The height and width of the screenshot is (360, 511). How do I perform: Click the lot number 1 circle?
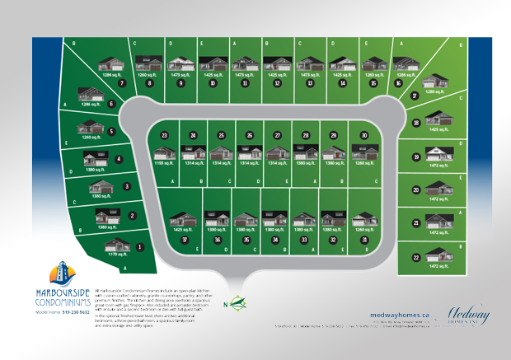pyautogui.click(x=139, y=246)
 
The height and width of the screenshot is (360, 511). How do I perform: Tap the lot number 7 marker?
pyautogui.click(x=121, y=83)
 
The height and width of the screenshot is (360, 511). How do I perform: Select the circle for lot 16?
pyautogui.click(x=399, y=83)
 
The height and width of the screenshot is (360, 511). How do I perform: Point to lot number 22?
pyautogui.click(x=417, y=258)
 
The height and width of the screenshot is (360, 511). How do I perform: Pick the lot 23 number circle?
pyautogui.click(x=165, y=135)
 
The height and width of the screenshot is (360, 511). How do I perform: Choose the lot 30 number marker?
pyautogui.click(x=363, y=135)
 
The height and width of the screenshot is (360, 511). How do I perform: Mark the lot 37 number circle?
pyautogui.click(x=186, y=239)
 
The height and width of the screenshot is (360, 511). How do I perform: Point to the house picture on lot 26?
pyautogui.click(x=250, y=152)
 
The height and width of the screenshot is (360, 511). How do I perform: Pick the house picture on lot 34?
pyautogui.click(x=274, y=217)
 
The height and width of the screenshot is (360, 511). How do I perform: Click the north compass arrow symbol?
pyautogui.click(x=237, y=302)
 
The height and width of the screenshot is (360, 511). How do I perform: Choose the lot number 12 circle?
pyautogui.click(x=277, y=83)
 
